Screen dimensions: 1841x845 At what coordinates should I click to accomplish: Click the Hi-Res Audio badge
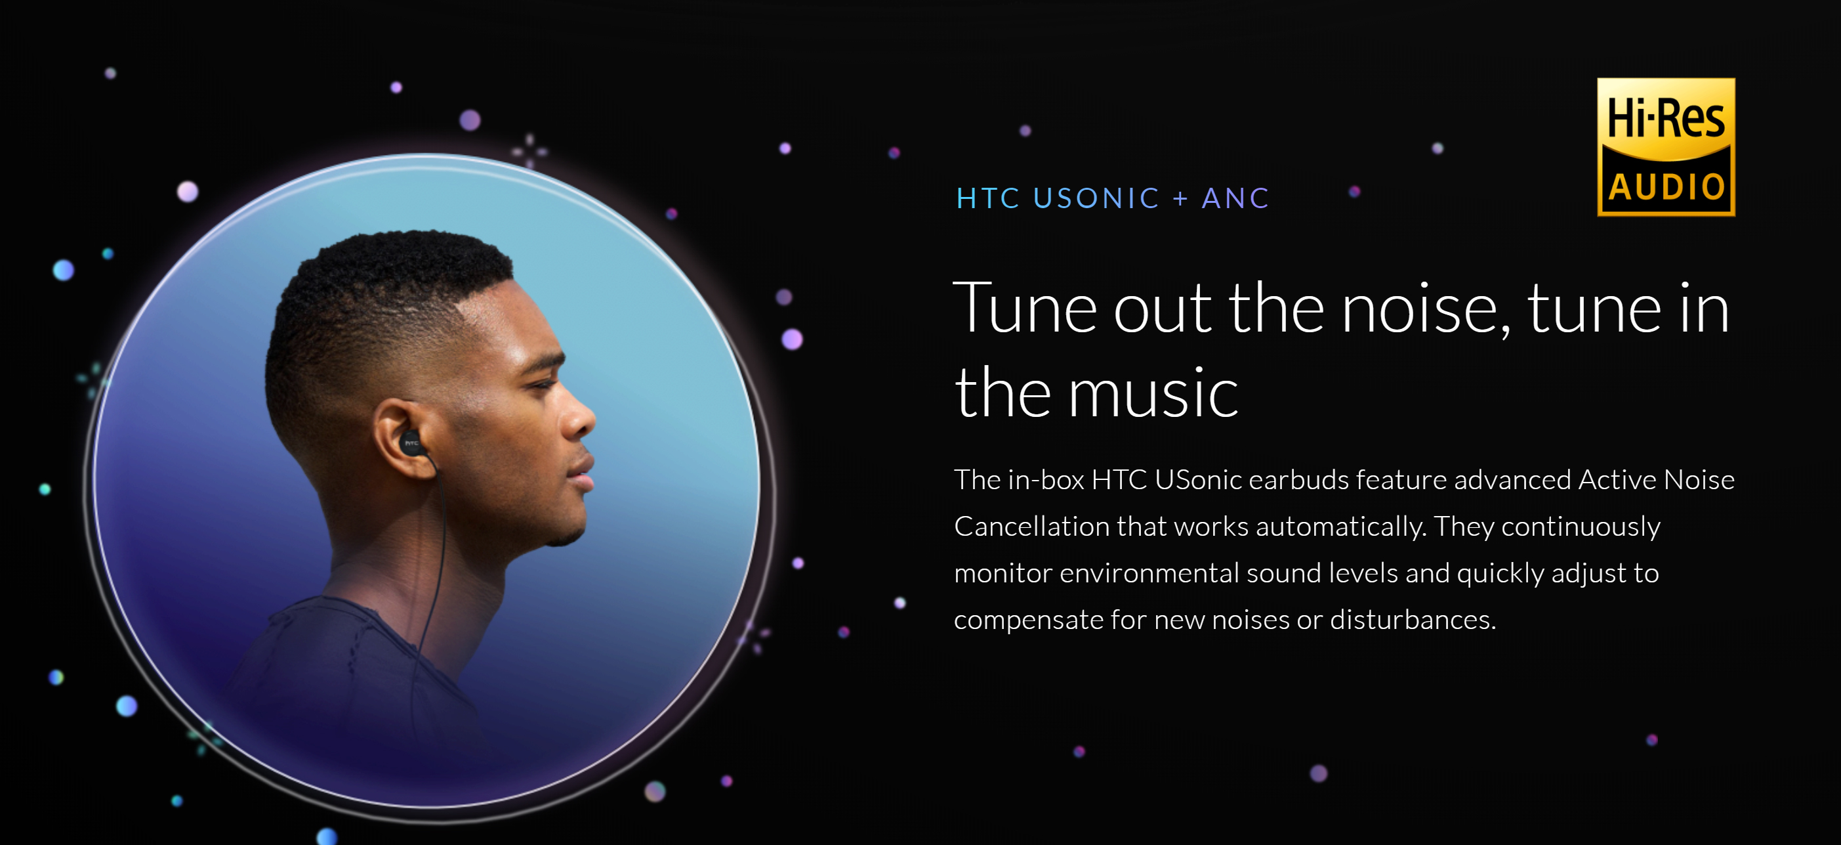point(1666,146)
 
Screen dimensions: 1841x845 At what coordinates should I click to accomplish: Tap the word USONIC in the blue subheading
point(1096,198)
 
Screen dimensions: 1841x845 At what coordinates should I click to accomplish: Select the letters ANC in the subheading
point(1235,198)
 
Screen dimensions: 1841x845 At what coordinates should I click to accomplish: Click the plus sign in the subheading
point(1181,199)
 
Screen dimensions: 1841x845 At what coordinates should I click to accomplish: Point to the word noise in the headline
point(1426,309)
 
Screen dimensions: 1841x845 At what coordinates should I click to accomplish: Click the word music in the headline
point(1153,393)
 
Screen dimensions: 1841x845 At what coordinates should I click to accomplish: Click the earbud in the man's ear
point(411,444)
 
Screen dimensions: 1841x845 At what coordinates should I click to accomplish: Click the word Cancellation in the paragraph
point(1031,526)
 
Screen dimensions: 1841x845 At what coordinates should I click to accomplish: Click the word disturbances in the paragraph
point(1413,620)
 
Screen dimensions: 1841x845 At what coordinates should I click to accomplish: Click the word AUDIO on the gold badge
point(1666,187)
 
